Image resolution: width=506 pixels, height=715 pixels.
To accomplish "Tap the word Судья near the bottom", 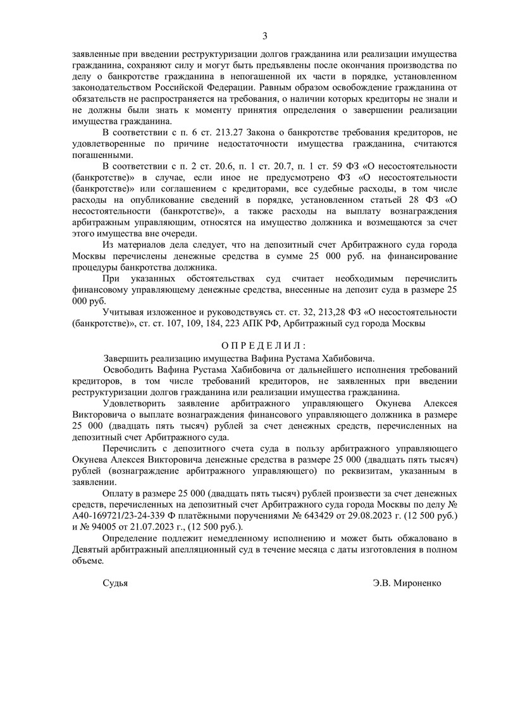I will coord(115,584).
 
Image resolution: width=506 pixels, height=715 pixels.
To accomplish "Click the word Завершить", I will coord(128,357).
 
